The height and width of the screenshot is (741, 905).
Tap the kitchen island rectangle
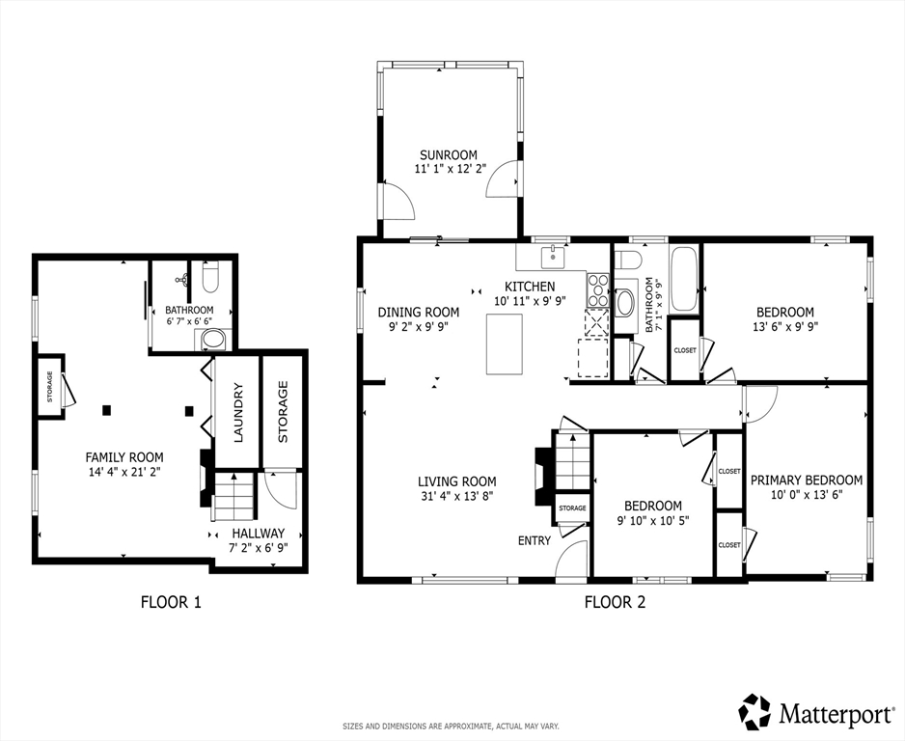coord(504,343)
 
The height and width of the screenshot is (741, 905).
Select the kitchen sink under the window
coord(552,257)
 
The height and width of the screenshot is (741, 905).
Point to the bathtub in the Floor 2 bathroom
coord(683,279)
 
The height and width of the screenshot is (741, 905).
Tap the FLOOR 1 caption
coord(171,603)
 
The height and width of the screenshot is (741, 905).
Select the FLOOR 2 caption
coord(615,603)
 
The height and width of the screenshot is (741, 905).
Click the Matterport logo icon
coord(755,712)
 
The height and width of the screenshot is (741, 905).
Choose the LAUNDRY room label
coord(237,412)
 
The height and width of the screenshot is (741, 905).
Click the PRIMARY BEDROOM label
coord(807,480)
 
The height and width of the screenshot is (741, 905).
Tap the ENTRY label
coord(534,540)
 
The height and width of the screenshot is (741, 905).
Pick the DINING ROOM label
coord(418,312)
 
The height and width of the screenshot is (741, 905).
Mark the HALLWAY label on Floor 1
coord(258,533)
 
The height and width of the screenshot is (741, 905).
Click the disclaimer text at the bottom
coord(452,726)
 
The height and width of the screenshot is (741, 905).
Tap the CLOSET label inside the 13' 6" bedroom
coord(685,350)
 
